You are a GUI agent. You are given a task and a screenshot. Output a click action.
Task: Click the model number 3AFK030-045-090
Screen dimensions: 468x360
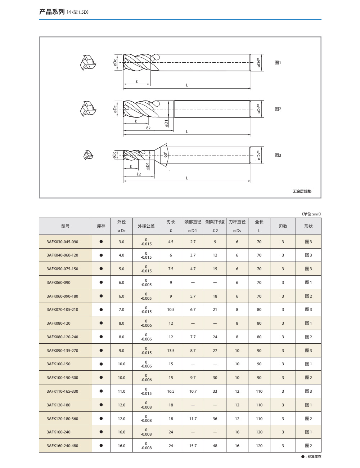point(62,242)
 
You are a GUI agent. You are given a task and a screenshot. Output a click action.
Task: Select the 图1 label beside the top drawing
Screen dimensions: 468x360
point(278,63)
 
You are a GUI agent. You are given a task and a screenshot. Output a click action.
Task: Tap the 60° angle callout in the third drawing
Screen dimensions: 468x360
point(165,154)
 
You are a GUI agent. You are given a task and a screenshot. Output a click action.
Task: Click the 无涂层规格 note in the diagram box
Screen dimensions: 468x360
point(302,191)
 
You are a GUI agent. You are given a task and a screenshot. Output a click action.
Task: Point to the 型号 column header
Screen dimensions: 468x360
point(65,226)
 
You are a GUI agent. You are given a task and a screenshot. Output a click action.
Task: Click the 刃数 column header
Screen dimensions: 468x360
point(283,226)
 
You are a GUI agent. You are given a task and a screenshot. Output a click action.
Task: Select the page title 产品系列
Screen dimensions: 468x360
point(51,12)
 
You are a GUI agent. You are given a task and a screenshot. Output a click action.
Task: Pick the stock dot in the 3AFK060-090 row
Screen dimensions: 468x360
point(101,282)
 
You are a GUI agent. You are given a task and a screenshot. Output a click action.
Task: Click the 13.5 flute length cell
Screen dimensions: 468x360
point(171,351)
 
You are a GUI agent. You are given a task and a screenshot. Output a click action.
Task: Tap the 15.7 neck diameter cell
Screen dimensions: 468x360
point(193,446)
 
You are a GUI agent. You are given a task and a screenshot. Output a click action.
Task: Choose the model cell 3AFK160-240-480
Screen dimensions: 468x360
point(62,446)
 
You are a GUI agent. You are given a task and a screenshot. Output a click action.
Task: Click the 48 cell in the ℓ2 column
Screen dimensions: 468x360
point(215,446)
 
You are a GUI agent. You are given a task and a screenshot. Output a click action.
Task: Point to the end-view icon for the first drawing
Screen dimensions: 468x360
point(88,63)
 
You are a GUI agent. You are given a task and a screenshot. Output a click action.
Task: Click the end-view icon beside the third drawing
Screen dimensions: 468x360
point(87,155)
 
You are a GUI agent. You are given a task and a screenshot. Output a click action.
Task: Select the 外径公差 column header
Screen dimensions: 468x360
point(146,226)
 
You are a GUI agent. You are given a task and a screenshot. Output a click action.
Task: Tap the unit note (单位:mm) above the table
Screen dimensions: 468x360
point(311,214)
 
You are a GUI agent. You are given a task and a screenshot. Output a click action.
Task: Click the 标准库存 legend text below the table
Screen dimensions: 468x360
point(313,457)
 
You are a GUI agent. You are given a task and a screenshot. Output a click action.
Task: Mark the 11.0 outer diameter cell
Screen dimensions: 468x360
point(122,391)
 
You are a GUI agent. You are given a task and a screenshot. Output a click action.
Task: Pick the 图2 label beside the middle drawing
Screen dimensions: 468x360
point(278,109)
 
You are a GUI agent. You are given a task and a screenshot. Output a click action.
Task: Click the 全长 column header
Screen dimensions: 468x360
point(259,222)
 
